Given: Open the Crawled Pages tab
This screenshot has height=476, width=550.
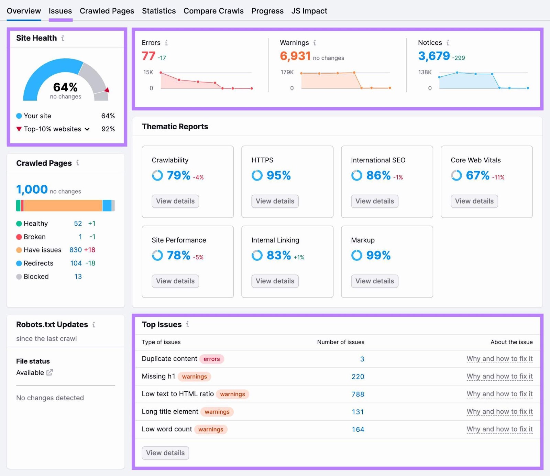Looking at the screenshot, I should click(x=107, y=11).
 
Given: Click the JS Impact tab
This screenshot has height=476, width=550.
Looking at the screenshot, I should click(x=309, y=11).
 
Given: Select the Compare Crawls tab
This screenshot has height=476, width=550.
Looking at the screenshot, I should click(x=213, y=11).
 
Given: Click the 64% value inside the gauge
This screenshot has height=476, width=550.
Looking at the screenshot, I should click(x=65, y=87).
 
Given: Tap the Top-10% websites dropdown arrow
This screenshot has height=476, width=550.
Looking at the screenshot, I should click(x=87, y=129).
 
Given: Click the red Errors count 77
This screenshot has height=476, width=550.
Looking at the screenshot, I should click(x=148, y=56).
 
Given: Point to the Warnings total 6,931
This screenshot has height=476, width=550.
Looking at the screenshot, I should click(x=295, y=56).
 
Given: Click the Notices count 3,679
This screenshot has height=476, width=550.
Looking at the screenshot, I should click(x=434, y=56).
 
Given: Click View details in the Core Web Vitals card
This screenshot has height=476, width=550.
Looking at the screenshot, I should click(x=474, y=201).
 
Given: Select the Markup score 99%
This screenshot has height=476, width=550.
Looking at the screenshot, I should click(x=378, y=255).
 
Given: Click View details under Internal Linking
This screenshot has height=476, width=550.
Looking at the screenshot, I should click(x=275, y=281).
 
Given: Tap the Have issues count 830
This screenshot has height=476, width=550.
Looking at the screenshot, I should click(x=76, y=250).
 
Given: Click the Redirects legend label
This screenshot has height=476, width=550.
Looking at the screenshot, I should click(x=38, y=263).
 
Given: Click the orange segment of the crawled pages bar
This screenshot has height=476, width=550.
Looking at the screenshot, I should click(x=63, y=206).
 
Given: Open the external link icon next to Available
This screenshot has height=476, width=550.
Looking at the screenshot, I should click(x=49, y=372).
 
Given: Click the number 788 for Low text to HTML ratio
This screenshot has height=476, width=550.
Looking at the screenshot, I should click(x=357, y=394).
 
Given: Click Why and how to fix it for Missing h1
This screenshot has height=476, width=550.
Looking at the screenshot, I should click(x=499, y=376).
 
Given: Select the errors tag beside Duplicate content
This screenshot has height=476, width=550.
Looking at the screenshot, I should click(x=211, y=359).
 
